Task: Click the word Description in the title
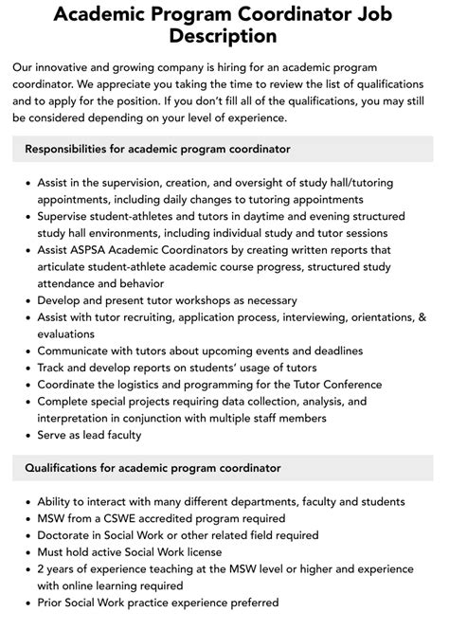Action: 224,37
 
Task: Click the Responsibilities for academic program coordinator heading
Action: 157,149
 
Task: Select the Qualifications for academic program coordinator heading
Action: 153,468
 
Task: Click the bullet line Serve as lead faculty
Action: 89,435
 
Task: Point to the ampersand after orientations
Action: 422,316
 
